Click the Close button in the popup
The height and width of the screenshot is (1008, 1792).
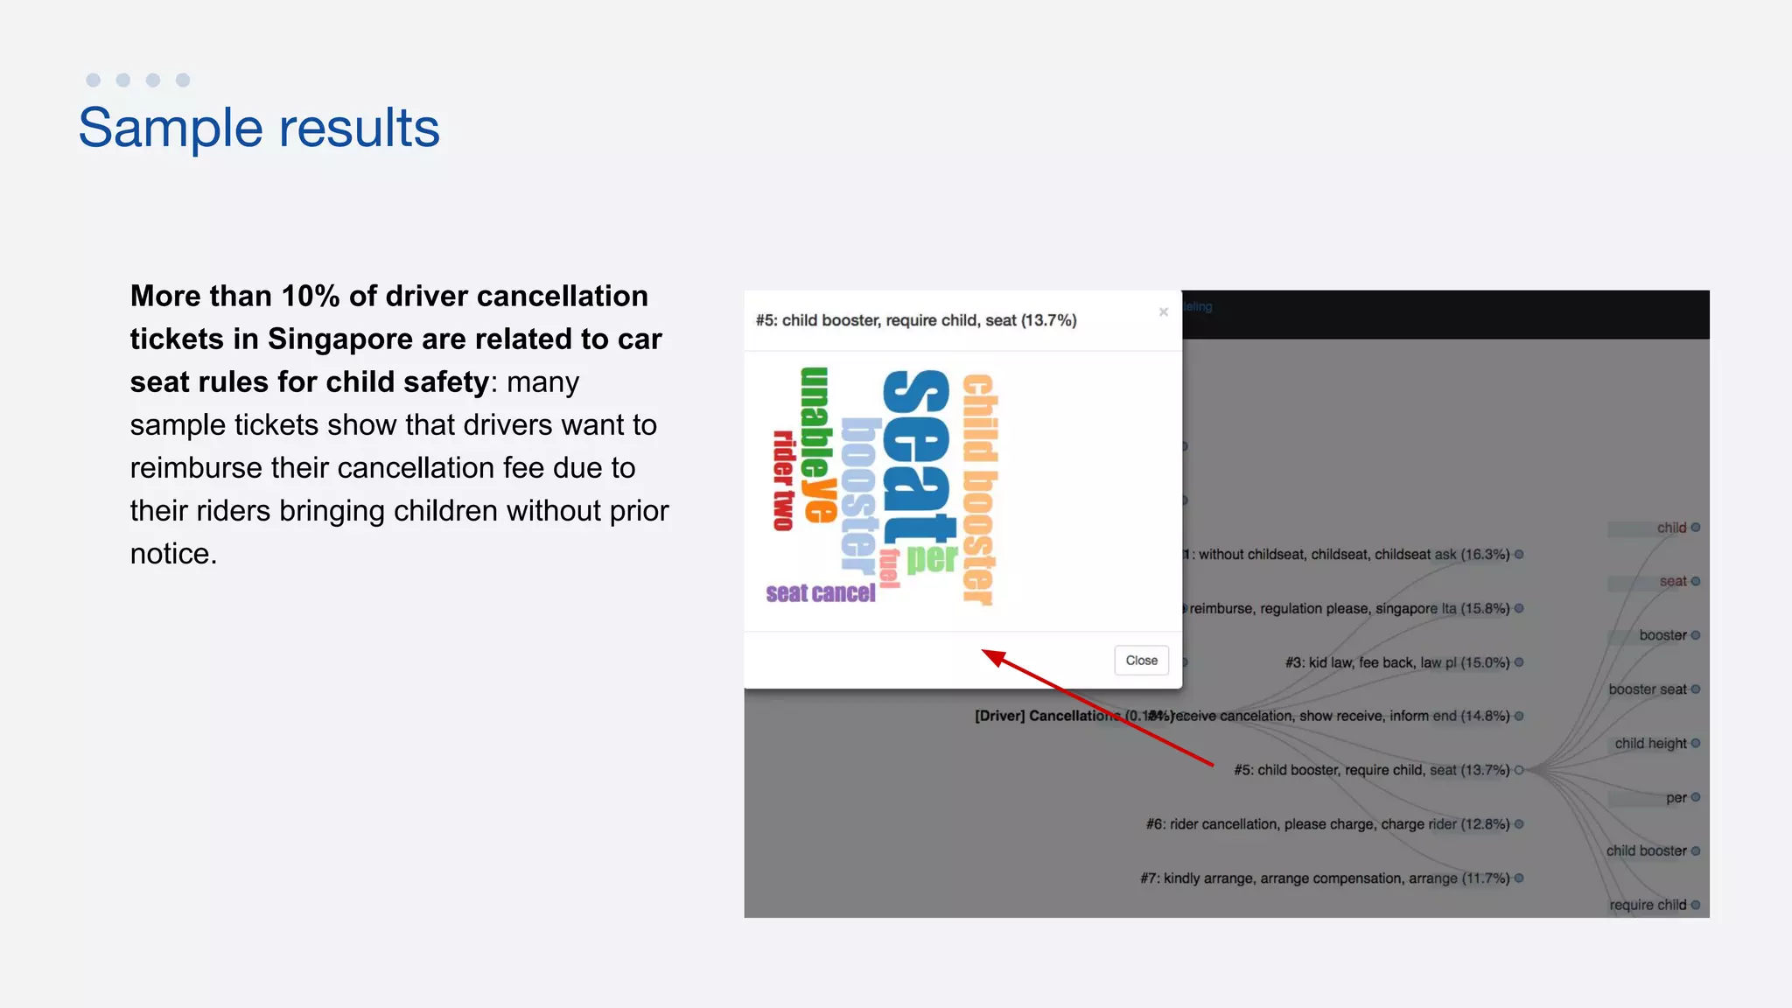[1141, 661]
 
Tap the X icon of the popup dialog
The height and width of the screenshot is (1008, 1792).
[1163, 312]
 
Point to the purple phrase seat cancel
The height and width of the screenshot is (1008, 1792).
[820, 593]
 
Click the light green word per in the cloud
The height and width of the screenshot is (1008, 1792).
[932, 557]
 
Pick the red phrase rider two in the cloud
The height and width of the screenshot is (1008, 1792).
[782, 480]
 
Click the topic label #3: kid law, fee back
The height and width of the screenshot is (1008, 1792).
[1396, 662]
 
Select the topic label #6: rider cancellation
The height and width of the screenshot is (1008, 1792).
[1327, 824]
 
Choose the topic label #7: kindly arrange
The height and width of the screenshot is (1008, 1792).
[1324, 878]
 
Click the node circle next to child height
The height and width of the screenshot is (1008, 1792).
[1696, 744]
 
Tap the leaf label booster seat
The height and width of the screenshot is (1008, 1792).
[1647, 689]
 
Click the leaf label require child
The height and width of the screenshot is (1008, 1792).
[1647, 905]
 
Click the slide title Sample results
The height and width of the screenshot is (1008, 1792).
[259, 128]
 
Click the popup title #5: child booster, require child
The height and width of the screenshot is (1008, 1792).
[915, 320]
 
